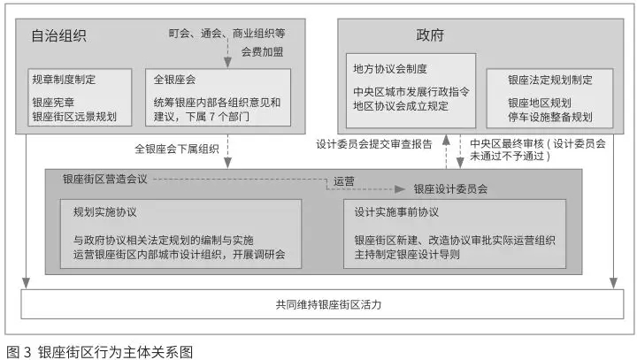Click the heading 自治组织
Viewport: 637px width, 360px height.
(59, 35)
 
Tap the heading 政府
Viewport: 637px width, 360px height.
(430, 35)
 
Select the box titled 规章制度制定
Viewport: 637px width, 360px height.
(80, 97)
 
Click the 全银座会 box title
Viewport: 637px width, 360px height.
(174, 80)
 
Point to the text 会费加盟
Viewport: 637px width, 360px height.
(263, 51)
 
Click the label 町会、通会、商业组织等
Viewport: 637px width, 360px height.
(226, 34)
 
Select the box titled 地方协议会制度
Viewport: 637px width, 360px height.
(411, 90)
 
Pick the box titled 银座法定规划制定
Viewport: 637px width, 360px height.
(549, 98)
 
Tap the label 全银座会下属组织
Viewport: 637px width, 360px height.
(177, 149)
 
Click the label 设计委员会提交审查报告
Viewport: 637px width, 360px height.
(374, 144)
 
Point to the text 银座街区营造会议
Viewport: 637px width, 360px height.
(104, 179)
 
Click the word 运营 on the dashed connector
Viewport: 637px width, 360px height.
(343, 181)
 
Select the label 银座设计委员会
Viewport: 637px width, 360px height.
(450, 189)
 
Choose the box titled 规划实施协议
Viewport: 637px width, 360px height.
(180, 234)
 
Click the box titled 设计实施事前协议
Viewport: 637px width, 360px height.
(455, 234)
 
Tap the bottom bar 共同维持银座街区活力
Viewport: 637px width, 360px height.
(322, 304)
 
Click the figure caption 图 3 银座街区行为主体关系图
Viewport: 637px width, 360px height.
(99, 352)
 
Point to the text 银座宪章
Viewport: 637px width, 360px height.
(53, 103)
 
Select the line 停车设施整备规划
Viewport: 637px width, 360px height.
(550, 117)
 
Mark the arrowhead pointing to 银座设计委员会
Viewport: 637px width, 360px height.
(400, 189)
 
